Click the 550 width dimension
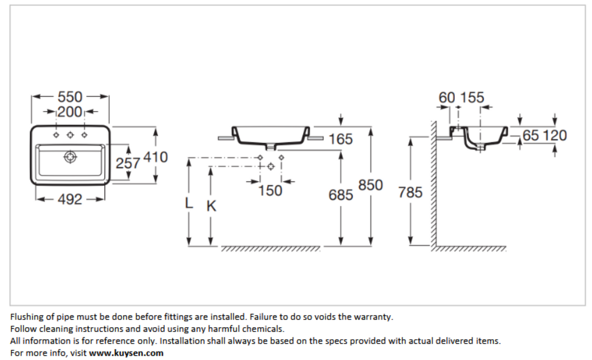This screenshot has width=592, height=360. [x=70, y=97]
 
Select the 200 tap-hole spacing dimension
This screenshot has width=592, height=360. [x=70, y=111]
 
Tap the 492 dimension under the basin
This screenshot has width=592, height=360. [x=70, y=199]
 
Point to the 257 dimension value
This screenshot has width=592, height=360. [x=128, y=163]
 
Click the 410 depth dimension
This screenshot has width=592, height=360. [x=156, y=157]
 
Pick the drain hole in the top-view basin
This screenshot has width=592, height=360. [x=70, y=156]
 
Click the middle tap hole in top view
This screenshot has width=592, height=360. [x=70, y=135]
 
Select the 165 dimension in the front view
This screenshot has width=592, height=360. [x=340, y=139]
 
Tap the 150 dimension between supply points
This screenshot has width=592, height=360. [x=270, y=190]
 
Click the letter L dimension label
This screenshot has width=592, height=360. [x=189, y=203]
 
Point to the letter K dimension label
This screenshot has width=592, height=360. [x=211, y=206]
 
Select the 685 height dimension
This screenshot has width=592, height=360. [x=340, y=195]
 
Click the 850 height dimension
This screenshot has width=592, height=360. [x=370, y=185]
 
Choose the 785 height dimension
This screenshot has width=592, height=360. [x=410, y=192]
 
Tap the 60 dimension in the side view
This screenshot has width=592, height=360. [x=447, y=97]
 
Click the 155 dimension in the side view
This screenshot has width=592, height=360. [x=472, y=97]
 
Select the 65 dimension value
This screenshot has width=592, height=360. [x=531, y=136]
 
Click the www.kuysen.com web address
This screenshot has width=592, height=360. [x=126, y=353]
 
